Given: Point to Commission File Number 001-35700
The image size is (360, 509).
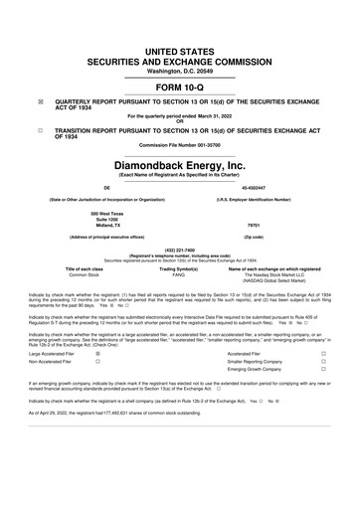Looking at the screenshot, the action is pyautogui.click(x=180, y=149).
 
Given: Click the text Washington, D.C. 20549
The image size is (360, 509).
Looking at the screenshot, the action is pyautogui.click(x=180, y=45).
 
